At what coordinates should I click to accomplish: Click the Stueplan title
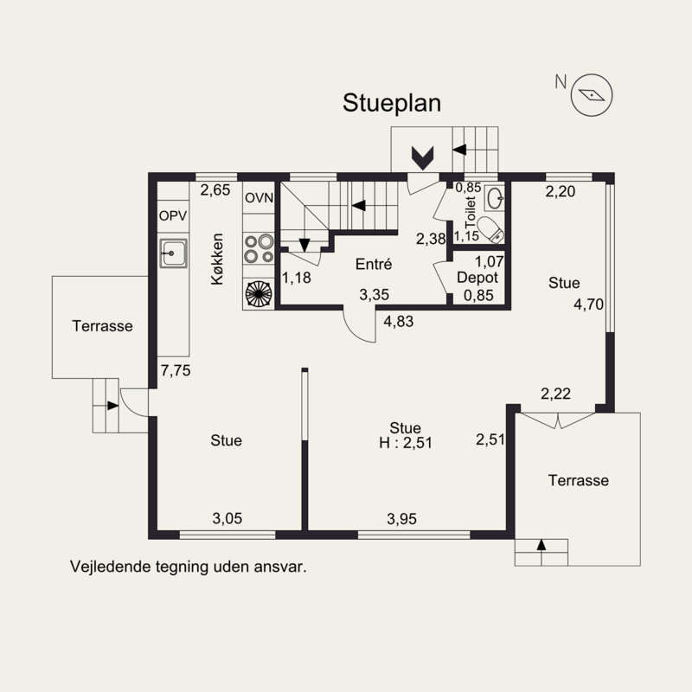coord(392,103)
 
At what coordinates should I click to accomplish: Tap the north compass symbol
coord(592,94)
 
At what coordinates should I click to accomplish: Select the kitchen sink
coord(172,253)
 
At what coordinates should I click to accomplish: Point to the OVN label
coord(259,198)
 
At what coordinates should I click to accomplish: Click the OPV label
coord(171,215)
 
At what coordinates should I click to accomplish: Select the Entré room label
coord(374,265)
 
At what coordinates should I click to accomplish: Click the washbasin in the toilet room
coord(494,199)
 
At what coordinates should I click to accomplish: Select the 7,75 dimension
coord(176,369)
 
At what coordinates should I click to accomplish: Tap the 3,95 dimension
coord(401,518)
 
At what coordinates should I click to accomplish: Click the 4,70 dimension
coord(587,304)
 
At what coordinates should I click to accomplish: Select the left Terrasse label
coord(102,326)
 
